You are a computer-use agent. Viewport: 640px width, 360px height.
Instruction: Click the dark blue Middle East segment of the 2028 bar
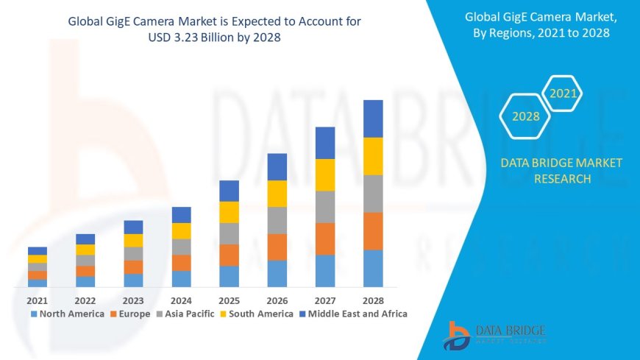tap(373, 119)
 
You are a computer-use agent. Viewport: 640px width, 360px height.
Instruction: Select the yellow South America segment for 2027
tap(325, 174)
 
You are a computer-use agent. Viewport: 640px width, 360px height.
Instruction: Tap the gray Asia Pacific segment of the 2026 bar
tap(277, 220)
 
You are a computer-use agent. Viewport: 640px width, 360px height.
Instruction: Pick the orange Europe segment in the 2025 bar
tap(230, 255)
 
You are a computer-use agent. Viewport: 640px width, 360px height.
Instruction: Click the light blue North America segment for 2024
tap(182, 278)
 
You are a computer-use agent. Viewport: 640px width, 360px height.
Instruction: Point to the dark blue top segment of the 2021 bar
tap(38, 251)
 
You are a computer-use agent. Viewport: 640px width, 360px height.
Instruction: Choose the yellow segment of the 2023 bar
tap(133, 240)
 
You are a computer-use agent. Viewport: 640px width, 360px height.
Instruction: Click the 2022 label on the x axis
tap(85, 300)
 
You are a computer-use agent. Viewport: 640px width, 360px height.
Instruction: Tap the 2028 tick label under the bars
tap(373, 300)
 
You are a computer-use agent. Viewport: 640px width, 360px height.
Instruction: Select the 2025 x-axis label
tap(230, 300)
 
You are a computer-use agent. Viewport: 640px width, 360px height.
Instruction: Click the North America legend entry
tap(67, 314)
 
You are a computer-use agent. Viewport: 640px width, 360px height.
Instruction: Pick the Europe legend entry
tap(133, 314)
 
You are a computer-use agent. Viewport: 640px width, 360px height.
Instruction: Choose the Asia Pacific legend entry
tap(185, 314)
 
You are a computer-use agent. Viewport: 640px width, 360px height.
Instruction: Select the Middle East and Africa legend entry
tap(352, 314)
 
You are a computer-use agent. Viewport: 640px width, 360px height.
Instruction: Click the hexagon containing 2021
tap(563, 93)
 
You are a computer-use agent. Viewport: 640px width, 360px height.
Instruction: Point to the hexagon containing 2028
tap(526, 116)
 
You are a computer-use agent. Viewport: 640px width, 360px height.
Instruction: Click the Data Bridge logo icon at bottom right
tap(457, 336)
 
